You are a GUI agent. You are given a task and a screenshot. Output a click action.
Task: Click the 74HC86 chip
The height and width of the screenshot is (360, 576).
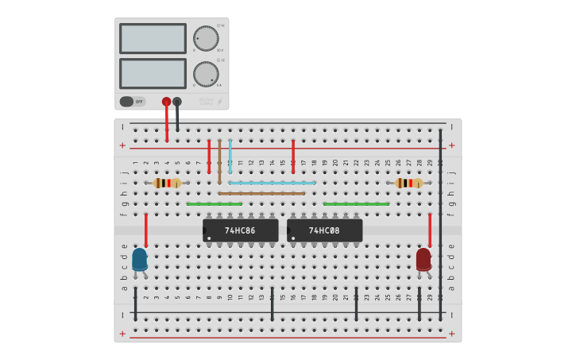[x=240, y=230]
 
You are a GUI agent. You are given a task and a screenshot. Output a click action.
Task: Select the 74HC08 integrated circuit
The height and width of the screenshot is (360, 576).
[x=324, y=230]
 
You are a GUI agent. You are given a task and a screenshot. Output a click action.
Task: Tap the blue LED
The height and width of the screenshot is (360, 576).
[x=140, y=259]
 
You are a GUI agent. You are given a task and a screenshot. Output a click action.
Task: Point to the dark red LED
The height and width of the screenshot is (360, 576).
[x=423, y=259]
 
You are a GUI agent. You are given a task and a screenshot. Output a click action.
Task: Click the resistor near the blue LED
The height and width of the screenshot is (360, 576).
[x=167, y=183]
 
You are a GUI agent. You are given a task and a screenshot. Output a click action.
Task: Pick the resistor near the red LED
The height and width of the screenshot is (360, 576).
[x=409, y=183]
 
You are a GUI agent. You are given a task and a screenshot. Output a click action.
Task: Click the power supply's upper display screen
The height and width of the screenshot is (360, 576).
[x=153, y=38]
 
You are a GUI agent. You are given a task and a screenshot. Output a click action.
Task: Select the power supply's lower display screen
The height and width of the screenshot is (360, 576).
[x=153, y=73]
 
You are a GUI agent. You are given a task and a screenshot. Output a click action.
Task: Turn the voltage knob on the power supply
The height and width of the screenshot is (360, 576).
[x=206, y=38]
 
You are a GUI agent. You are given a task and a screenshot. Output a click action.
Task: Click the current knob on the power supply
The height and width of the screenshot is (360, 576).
[x=206, y=74]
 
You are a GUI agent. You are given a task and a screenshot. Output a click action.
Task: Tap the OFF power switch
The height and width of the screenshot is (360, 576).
[x=133, y=102]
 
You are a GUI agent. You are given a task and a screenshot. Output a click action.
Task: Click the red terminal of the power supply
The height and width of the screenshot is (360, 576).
[x=166, y=102]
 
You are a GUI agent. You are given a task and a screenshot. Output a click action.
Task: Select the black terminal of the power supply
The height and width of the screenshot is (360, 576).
[x=177, y=102]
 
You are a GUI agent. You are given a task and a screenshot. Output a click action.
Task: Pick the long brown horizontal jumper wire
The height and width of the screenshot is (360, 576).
[x=262, y=193]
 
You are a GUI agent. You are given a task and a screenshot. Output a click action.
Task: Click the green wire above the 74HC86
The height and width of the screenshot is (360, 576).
[x=215, y=204]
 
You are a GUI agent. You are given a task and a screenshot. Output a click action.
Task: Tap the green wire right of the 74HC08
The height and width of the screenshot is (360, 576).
[x=356, y=204]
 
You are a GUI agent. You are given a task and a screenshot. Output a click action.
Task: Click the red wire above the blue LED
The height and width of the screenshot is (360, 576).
[x=146, y=230]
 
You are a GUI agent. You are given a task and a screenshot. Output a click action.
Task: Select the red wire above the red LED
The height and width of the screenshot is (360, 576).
[x=430, y=230]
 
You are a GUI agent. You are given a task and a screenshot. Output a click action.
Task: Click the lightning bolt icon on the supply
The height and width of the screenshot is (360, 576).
[x=220, y=102]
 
